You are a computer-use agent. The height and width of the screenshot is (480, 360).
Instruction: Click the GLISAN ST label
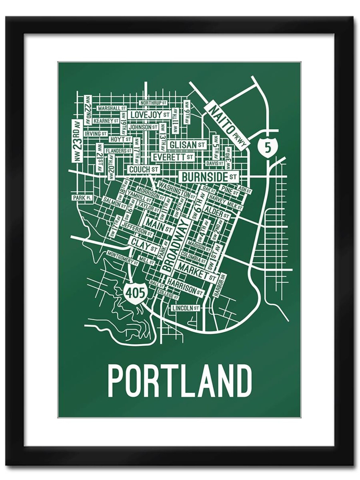187,145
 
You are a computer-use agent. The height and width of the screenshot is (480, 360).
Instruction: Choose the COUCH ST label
143,170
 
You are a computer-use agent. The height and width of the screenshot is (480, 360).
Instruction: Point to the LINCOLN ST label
186,308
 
